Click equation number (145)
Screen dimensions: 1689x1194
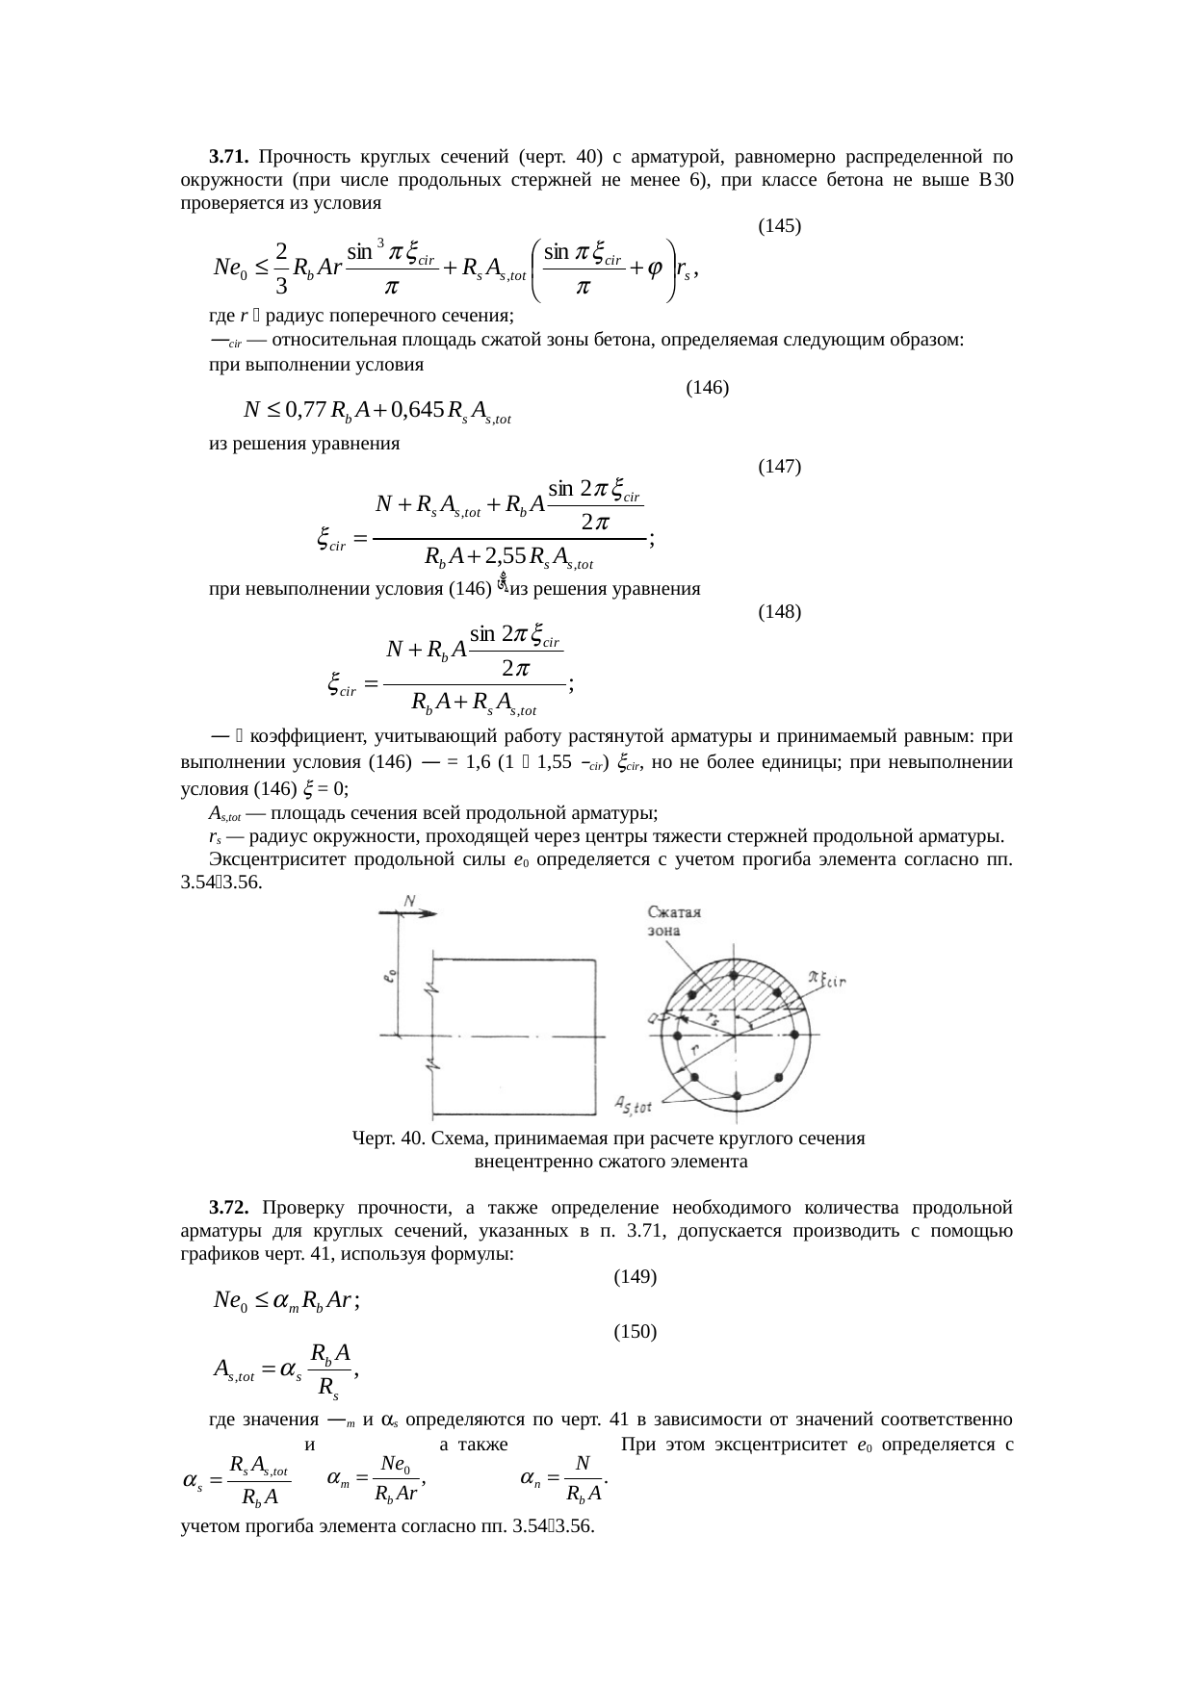pos(780,226)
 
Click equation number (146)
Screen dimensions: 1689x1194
pos(707,388)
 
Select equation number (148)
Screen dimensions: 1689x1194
pos(780,611)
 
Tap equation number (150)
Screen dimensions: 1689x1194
pos(635,1332)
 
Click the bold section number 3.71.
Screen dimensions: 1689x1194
pos(230,156)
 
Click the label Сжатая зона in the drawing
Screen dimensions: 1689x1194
pos(672,920)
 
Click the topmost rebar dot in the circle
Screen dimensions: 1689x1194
pos(735,976)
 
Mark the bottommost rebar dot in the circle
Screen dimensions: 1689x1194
pos(736,1096)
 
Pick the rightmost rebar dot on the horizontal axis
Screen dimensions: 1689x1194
pos(795,1036)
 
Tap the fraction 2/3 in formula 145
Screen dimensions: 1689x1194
pos(279,268)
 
